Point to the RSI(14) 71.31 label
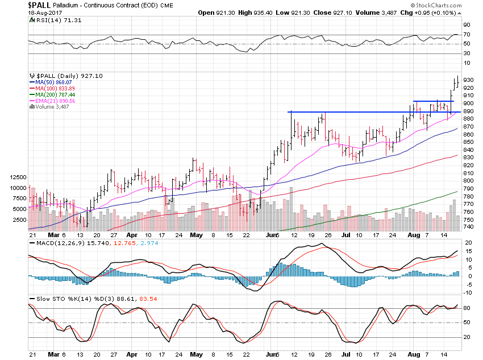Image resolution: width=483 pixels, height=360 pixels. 48,19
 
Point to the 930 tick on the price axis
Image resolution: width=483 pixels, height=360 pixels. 469,80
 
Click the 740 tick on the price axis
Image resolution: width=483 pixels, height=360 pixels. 469,226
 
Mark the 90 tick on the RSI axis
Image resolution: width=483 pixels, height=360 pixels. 466,25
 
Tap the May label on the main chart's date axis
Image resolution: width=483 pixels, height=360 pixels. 195,234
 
